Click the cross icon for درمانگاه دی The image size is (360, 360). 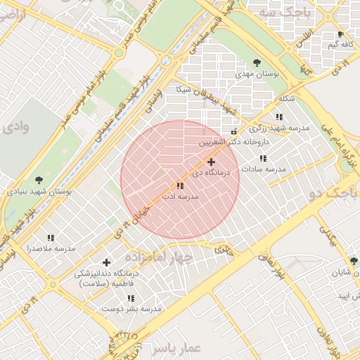tap(211, 162)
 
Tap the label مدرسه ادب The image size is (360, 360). tap(181, 198)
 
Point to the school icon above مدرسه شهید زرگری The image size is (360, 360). tap(279, 117)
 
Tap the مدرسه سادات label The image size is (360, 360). tap(264, 169)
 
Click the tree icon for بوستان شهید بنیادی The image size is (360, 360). tap(38, 180)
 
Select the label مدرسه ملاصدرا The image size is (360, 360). tap(51, 249)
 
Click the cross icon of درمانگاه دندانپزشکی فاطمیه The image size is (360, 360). tap(106, 262)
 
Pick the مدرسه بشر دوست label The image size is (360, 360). tap(131, 309)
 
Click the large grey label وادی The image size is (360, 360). tap(15, 127)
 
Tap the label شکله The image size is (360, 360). tap(286, 98)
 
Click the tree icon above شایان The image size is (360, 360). tap(354, 261)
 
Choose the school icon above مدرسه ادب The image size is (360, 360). tap(181, 186)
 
